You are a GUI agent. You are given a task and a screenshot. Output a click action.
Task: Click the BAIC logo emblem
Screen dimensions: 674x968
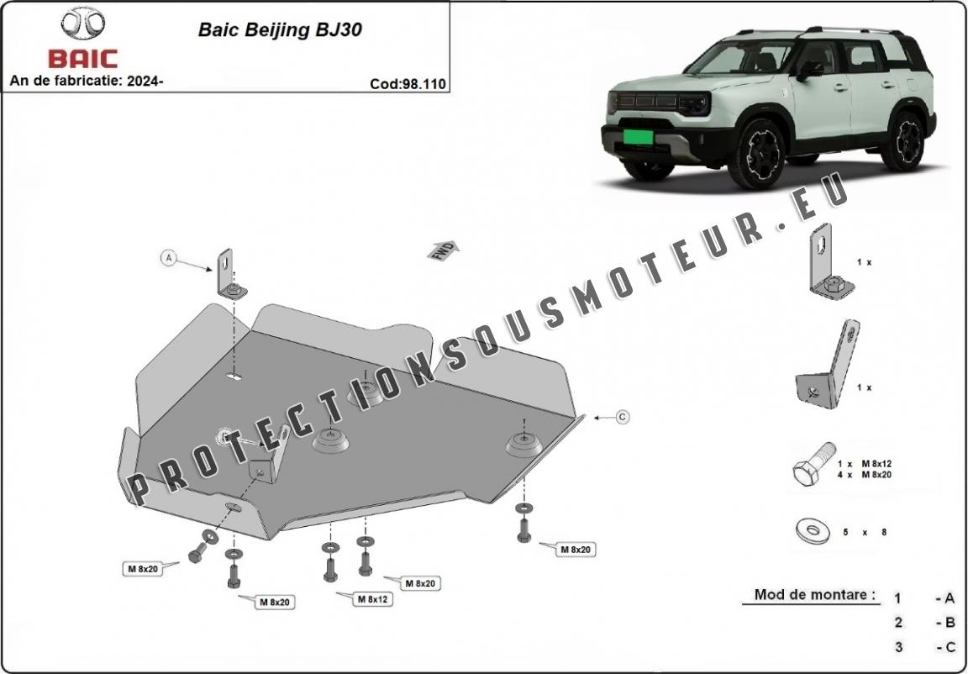point(83,24)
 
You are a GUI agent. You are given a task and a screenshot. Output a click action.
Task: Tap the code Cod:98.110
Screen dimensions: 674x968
point(407,84)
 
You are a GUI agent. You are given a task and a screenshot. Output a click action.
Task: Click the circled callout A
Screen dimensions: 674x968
point(168,258)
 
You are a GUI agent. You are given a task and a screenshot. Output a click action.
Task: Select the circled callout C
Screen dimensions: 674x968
point(622,416)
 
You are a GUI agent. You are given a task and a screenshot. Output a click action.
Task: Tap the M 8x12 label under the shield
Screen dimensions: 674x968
point(371,599)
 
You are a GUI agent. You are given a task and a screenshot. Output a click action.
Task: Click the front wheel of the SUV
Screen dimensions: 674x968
point(758,153)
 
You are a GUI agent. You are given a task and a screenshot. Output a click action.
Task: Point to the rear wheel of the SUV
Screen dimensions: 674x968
point(907,142)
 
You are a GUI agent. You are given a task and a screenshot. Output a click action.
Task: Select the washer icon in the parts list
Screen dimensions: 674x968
point(811,530)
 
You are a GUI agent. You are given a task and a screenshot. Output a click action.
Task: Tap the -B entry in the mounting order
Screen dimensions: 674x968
point(944,623)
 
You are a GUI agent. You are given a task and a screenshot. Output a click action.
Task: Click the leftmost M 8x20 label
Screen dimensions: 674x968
point(144,569)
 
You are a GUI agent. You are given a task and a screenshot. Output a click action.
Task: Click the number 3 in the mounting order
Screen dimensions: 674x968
point(898,647)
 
